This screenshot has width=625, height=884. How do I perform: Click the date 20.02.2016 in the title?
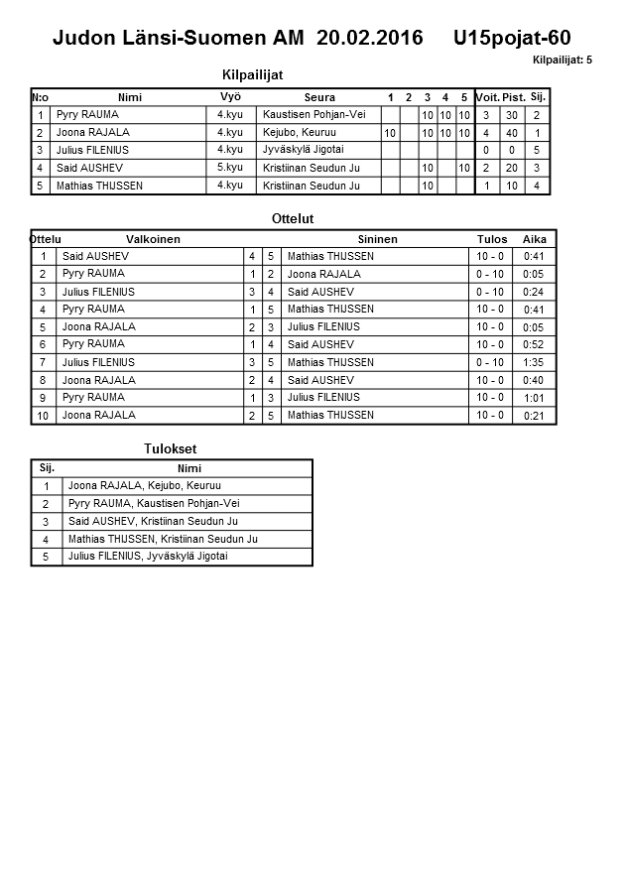[x=369, y=39]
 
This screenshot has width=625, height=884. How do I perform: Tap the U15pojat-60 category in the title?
[x=511, y=39]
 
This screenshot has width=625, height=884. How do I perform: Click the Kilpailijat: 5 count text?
[x=562, y=61]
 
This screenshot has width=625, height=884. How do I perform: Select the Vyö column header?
[x=230, y=97]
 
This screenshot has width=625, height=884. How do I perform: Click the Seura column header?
[x=319, y=97]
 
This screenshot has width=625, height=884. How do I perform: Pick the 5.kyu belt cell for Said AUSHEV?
[x=230, y=168]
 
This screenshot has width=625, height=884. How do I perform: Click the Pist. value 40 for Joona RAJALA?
[x=511, y=133]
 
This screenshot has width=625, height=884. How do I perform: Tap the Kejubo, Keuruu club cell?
[x=300, y=133]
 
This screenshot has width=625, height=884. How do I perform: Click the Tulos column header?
[x=491, y=239]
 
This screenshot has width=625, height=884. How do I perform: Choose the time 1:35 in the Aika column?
[x=534, y=362]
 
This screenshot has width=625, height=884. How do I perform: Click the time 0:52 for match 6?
[x=534, y=344]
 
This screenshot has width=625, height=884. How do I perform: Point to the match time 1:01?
[x=534, y=398]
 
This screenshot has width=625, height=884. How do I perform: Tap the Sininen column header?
[x=377, y=239]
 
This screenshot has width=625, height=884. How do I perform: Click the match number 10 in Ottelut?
[x=43, y=416]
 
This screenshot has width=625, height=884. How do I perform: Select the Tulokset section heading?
[x=170, y=449]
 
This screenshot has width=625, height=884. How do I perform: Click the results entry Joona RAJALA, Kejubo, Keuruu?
[x=144, y=486]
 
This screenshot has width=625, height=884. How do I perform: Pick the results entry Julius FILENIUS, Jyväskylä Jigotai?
[x=148, y=557]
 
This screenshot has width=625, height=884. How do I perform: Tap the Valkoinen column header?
[x=153, y=239]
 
